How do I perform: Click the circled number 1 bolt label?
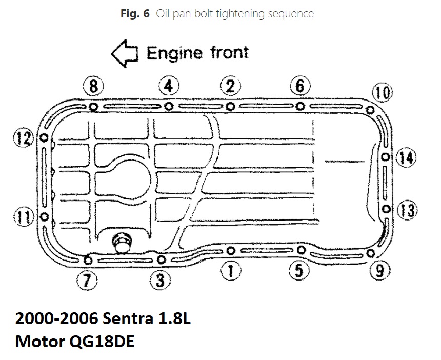point(231,270)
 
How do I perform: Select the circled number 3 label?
point(160,279)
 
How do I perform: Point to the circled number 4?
point(168,86)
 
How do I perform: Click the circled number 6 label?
point(300,86)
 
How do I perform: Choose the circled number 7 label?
point(86,279)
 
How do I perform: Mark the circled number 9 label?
point(379,270)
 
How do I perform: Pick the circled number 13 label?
point(407,210)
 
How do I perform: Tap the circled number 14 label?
point(407,157)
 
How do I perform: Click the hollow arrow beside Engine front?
point(124,54)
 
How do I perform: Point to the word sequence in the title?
point(290,14)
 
